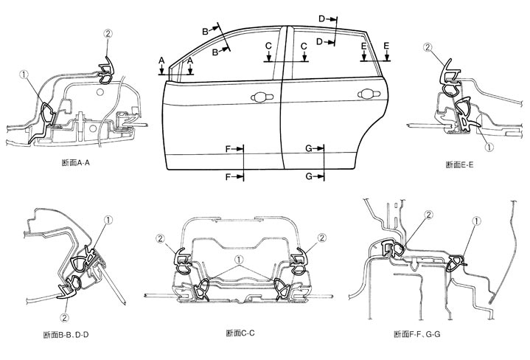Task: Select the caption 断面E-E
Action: coord(459,164)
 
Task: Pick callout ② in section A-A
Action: coord(108,33)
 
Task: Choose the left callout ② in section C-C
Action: coord(159,238)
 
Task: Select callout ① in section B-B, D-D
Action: coord(108,219)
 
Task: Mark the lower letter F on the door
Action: coord(229,176)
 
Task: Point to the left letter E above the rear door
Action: coord(364,46)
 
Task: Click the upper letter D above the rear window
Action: coord(321,18)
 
